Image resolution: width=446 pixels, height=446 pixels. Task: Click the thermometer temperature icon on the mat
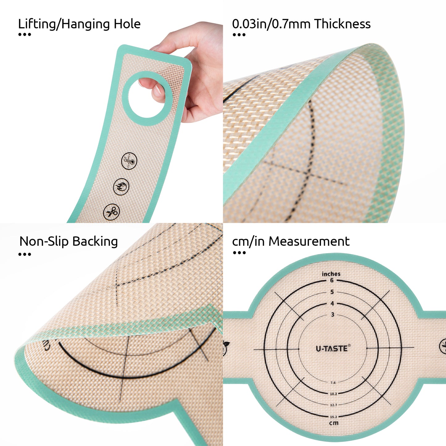tap(129, 161)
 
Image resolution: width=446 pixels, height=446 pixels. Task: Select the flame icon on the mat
tap(121, 186)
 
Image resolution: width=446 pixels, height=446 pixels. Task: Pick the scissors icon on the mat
tap(111, 212)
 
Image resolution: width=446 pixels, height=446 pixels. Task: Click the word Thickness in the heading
tap(342, 24)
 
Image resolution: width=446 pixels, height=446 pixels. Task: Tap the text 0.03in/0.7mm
tap(271, 24)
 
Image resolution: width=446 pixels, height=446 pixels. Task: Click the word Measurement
tap(309, 241)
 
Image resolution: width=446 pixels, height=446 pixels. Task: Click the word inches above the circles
tap(331, 274)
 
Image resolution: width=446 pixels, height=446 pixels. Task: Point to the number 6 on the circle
tap(332, 281)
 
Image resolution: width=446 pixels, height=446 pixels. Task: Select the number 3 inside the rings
tap(332, 315)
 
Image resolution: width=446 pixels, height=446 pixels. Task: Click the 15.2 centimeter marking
tap(333, 417)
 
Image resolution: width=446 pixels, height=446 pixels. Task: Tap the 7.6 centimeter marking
tap(333, 383)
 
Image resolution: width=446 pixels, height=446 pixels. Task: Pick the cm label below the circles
tap(333, 423)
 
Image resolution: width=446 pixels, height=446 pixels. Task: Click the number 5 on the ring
tap(332, 292)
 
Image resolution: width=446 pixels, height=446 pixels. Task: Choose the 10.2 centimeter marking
tap(333, 394)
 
